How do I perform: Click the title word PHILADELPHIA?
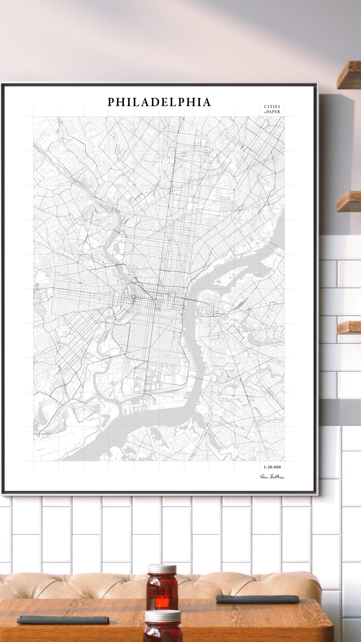159,102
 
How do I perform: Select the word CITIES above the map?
272,106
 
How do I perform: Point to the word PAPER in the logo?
273,112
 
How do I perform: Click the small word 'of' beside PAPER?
265,112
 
